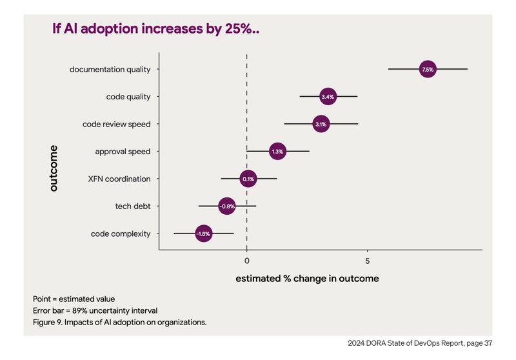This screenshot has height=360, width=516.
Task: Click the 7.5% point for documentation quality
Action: [428, 68]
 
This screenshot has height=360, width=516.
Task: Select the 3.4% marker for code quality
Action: [328, 97]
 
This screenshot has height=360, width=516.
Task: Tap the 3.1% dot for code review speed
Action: [321, 123]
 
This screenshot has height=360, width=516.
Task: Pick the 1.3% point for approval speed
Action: [277, 152]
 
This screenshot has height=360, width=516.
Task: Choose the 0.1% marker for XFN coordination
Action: [249, 179]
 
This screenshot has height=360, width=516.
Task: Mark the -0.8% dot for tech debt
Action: [226, 206]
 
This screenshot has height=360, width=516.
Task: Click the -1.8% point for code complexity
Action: [204, 234]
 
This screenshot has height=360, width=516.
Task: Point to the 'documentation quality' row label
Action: [110, 69]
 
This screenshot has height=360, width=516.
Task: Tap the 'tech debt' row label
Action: [128, 206]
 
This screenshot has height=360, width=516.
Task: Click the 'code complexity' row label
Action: [121, 234]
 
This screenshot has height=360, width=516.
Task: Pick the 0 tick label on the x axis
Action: [247, 260]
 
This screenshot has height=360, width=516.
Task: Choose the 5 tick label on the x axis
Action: [367, 260]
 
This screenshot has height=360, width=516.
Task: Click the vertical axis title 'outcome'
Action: [54, 168]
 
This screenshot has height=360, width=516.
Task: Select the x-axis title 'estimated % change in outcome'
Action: [307, 279]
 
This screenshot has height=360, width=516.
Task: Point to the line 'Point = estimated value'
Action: [74, 299]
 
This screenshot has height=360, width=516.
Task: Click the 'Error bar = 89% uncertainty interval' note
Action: [95, 310]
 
